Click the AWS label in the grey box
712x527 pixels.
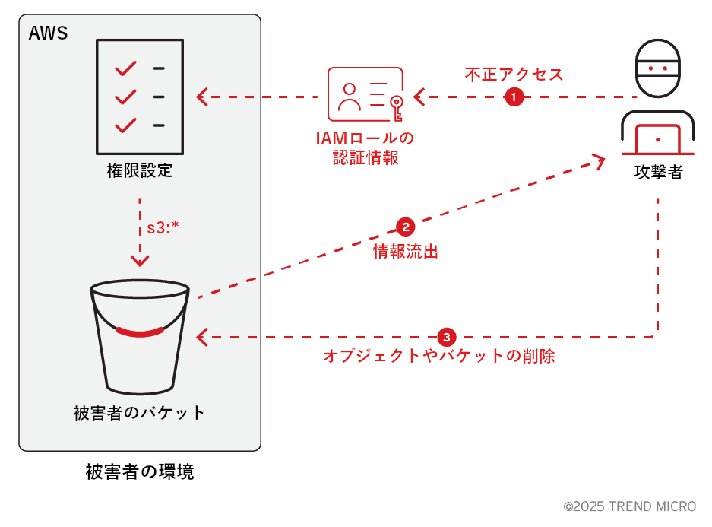(x=48, y=33)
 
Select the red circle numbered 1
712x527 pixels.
(x=514, y=97)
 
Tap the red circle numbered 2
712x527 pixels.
(x=405, y=227)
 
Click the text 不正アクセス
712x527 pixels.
(x=514, y=75)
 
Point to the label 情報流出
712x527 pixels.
(x=406, y=252)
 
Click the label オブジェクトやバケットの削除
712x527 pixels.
(x=439, y=356)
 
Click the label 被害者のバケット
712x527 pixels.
(x=140, y=413)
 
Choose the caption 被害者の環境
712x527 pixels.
(x=140, y=472)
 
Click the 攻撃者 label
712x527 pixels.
(x=657, y=172)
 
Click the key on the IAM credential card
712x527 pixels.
(x=396, y=107)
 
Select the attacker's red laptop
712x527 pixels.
(x=657, y=141)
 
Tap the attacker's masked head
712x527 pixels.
(x=657, y=68)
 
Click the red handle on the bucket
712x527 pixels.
(x=140, y=332)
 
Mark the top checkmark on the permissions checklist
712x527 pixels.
(x=125, y=69)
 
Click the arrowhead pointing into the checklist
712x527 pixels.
(x=202, y=97)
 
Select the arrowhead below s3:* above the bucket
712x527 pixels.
(x=140, y=260)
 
